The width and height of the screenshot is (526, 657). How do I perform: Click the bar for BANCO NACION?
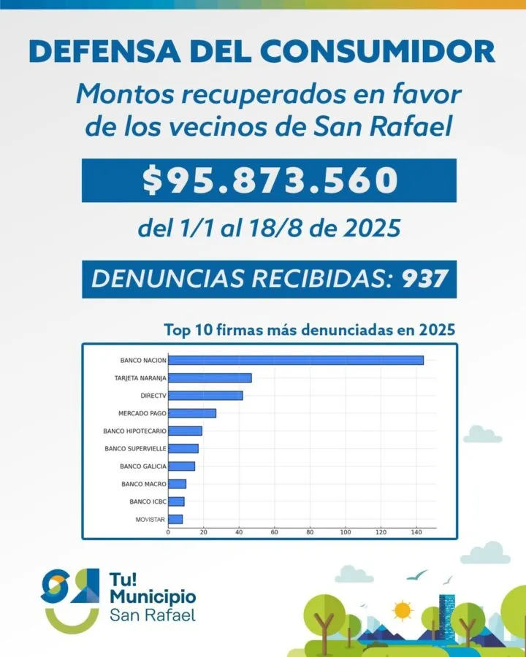click(295, 360)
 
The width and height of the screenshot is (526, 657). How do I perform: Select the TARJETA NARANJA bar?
click(210, 378)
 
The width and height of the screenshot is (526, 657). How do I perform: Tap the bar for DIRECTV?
click(205, 396)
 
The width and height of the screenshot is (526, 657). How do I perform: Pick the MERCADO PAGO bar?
click(192, 413)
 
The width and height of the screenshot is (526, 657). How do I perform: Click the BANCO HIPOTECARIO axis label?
click(134, 431)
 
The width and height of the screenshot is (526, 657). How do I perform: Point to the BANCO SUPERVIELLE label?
click(135, 448)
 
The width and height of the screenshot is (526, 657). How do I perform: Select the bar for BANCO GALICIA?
click(181, 466)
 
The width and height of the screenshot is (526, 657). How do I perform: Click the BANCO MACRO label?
click(144, 484)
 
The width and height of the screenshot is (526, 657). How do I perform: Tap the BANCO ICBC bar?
click(176, 502)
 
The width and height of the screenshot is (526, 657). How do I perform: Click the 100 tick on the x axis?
click(345, 532)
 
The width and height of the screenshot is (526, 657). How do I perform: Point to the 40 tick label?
click(239, 532)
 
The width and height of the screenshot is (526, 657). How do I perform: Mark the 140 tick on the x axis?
click(416, 532)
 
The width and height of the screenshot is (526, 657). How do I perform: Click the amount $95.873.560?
click(269, 180)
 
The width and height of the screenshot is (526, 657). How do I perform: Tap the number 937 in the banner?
click(424, 279)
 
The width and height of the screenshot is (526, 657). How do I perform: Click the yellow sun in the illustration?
click(402, 609)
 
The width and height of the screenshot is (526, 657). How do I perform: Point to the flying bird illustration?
click(416, 575)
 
